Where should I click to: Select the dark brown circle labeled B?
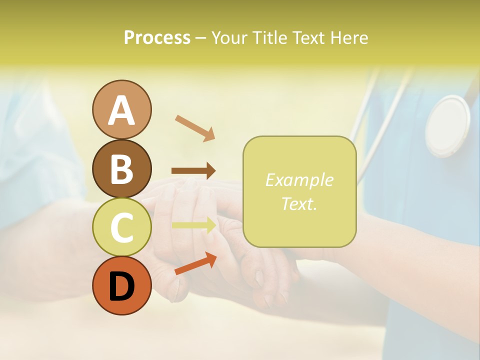pos(121,168)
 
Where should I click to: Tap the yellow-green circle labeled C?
pos(121,227)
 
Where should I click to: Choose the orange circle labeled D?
pos(121,285)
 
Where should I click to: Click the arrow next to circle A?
pos(195,127)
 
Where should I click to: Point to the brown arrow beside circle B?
pos(193,171)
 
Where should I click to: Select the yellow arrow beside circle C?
pos(194,225)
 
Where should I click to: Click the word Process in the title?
pos(157,37)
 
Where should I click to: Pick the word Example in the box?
pos(299,180)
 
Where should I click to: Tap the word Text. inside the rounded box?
pos(299,203)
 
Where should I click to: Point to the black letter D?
pos(121,286)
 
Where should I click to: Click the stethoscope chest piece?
pos(447,126)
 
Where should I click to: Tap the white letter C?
pos(121,228)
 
